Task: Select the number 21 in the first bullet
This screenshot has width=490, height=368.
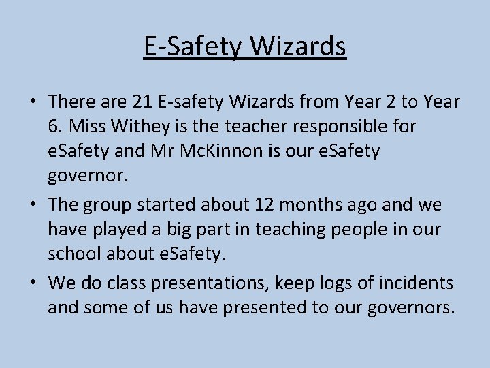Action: click(x=142, y=102)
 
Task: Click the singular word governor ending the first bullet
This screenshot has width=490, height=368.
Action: click(x=87, y=176)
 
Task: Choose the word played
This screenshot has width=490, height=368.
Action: click(x=120, y=230)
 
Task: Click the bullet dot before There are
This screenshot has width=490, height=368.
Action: click(x=33, y=103)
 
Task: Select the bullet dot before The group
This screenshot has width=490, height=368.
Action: click(x=33, y=205)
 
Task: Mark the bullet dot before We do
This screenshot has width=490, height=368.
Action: click(x=33, y=283)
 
